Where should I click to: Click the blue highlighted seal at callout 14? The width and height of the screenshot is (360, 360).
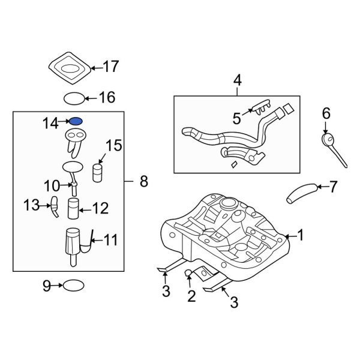76,121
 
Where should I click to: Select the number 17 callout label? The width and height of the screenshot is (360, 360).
111,67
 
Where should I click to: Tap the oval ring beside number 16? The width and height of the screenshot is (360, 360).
73,98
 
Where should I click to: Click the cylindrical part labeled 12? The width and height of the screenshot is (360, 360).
74,209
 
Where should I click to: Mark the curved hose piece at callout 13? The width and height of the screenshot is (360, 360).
55,206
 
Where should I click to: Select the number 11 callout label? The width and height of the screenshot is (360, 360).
111,241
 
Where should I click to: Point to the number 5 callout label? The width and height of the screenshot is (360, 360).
237,119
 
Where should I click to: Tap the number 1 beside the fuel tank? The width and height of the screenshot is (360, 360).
301,236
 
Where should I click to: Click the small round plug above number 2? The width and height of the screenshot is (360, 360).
188,274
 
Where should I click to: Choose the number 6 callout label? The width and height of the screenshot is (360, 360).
326,113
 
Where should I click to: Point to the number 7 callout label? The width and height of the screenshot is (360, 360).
334,187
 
